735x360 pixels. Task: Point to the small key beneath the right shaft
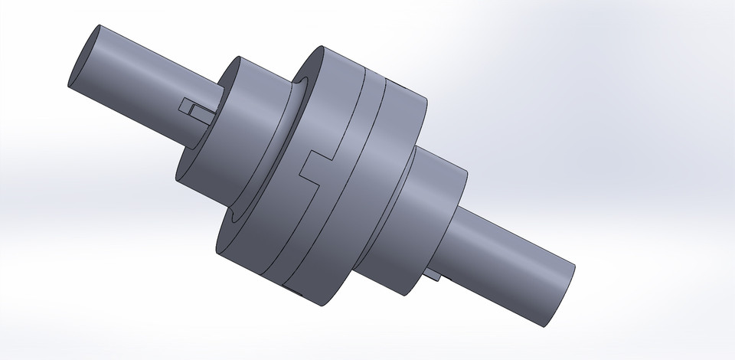[x=433, y=273]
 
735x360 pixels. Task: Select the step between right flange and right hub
[x=413, y=161]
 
